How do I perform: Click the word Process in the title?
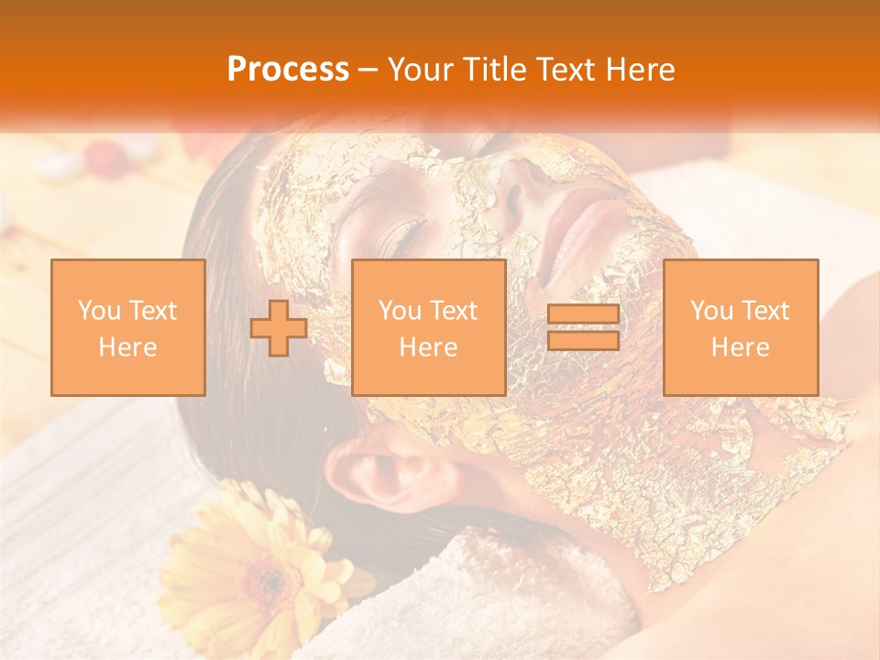pyautogui.click(x=288, y=69)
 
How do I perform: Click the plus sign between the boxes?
pyautogui.click(x=279, y=327)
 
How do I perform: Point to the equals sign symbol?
pyautogui.click(x=583, y=327)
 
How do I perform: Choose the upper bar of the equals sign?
pyautogui.click(x=583, y=314)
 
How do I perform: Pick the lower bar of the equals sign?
pyautogui.click(x=583, y=341)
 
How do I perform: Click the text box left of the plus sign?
pyautogui.click(x=127, y=327)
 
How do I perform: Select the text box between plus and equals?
pyautogui.click(x=428, y=327)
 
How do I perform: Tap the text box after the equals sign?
pyautogui.click(x=740, y=327)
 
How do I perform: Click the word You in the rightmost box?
pyautogui.click(x=709, y=311)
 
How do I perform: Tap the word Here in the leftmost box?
pyautogui.click(x=127, y=346)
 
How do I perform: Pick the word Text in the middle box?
pyautogui.click(x=453, y=311)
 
